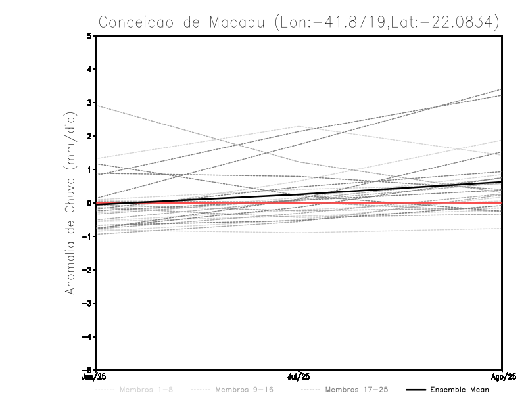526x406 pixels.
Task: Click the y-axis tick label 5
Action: tap(90, 35)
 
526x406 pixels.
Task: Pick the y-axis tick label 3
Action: tap(90, 102)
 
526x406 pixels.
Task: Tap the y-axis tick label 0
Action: tap(90, 203)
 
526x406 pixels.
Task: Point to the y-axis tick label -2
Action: tap(88, 270)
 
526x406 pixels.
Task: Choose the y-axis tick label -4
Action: tap(88, 337)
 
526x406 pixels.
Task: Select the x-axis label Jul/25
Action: tap(299, 377)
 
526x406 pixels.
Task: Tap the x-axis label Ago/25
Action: tap(502, 377)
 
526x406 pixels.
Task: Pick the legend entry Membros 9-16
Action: tap(244, 390)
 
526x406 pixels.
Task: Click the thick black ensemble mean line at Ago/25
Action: tap(501, 182)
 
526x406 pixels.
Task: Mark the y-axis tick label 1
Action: tap(90, 169)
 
